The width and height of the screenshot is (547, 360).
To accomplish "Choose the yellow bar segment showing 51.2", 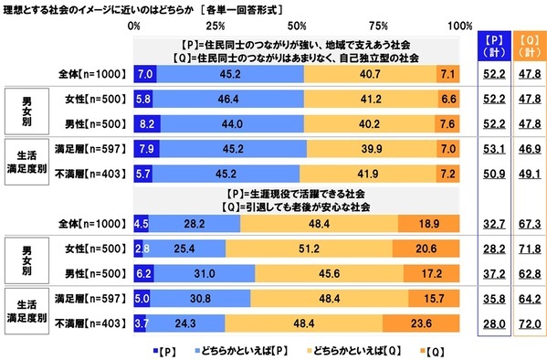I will tap(308, 246).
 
